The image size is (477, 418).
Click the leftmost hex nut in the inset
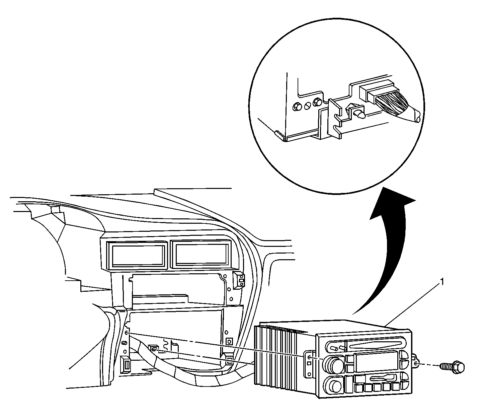click(296, 107)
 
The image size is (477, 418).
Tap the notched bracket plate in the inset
click(335, 117)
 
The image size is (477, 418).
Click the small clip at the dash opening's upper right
click(239, 280)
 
